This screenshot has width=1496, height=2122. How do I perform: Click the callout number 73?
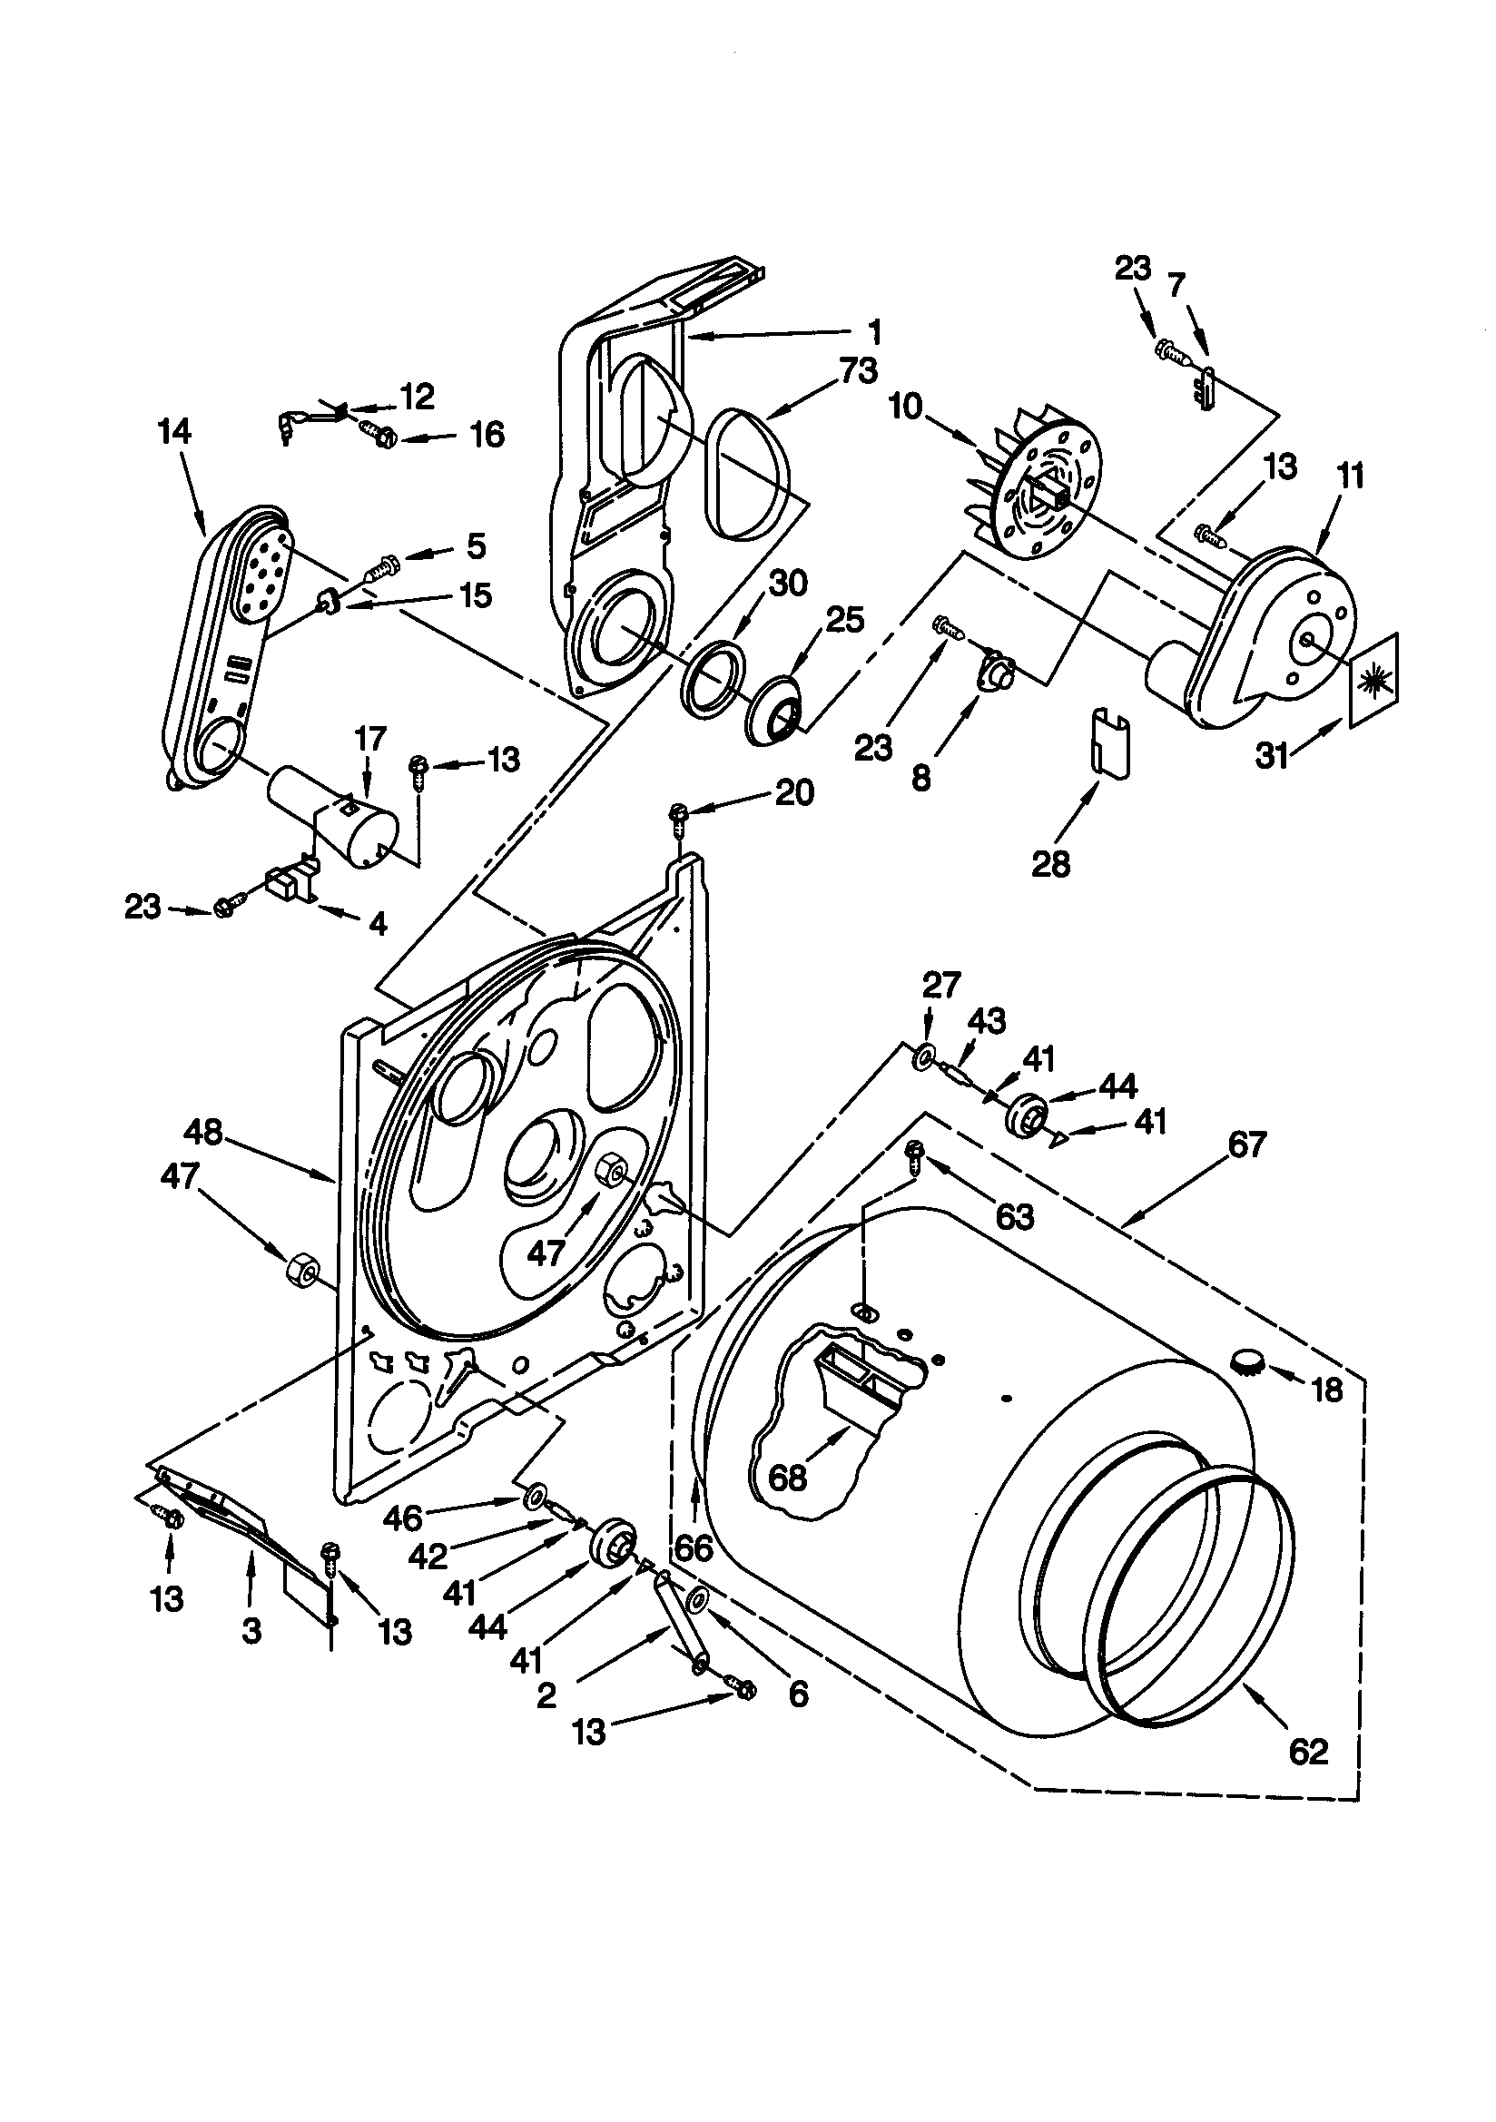click(x=859, y=371)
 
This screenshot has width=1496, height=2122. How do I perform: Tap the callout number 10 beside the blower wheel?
click(x=906, y=406)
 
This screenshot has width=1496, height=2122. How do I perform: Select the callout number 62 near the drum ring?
click(x=1307, y=1752)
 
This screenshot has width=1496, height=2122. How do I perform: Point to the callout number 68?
click(x=788, y=1478)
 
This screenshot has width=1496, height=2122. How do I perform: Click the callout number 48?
click(x=203, y=1132)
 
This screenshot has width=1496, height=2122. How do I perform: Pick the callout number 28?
click(x=1050, y=863)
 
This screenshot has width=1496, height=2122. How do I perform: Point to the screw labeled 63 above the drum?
click(x=916, y=1153)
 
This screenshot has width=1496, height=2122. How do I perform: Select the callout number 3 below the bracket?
click(x=251, y=1631)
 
